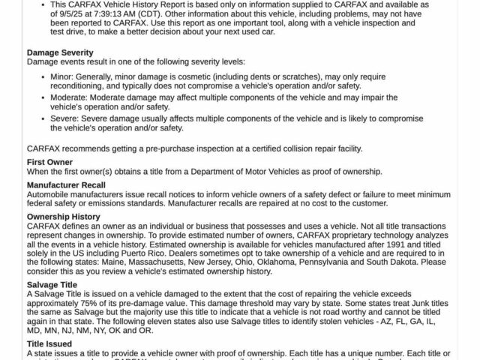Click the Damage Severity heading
[60, 52]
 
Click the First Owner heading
[49, 162]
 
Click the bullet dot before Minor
[42, 76]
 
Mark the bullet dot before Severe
[42, 118]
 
